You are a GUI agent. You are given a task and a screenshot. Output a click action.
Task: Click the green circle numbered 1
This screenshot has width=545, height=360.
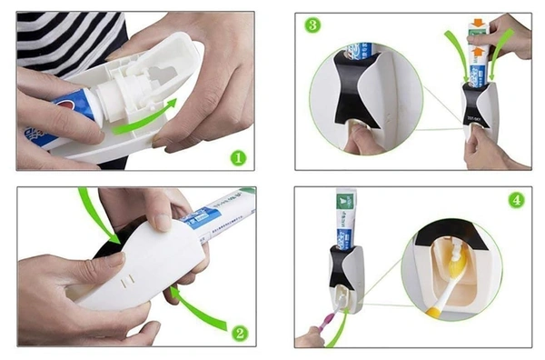click(x=237, y=156)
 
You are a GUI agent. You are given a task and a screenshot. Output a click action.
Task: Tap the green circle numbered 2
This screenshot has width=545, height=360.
click(x=239, y=333)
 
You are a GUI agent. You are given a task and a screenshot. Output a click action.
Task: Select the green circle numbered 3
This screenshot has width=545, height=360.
click(x=312, y=25)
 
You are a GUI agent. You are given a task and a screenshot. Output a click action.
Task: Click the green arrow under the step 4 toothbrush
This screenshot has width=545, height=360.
click(x=339, y=332)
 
